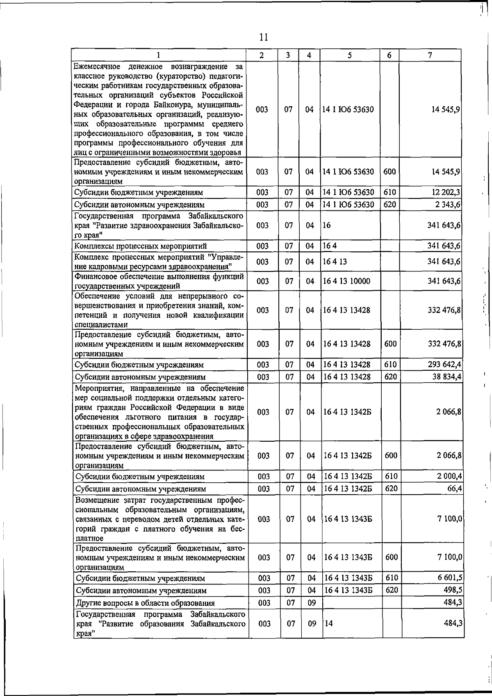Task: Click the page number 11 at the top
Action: coord(264,37)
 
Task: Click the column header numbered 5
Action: coord(349,55)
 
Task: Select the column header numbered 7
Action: coord(429,55)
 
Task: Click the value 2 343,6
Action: coord(447,204)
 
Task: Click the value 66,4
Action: coord(455,488)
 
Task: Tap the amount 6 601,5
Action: coord(450,578)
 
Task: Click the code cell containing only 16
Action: coord(327,225)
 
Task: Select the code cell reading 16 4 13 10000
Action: coord(346,281)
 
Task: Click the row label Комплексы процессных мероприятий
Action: coord(141,246)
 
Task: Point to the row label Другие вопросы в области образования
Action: coord(145,603)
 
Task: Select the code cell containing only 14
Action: coord(328,623)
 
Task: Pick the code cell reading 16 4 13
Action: coord(335,261)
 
